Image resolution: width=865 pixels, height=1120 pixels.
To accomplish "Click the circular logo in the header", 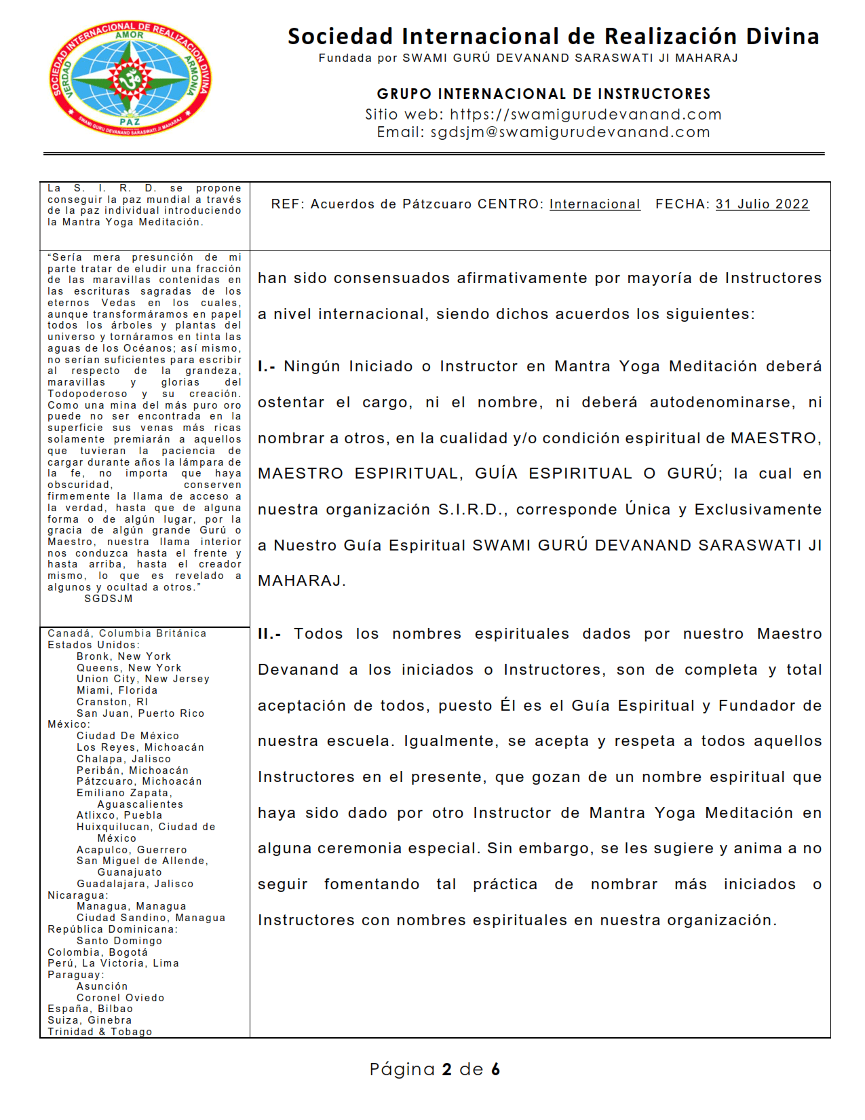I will tap(130, 78).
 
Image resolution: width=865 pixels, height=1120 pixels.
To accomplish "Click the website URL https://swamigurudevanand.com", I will tap(585, 114).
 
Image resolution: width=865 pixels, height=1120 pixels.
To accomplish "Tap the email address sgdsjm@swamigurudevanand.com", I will tap(570, 132).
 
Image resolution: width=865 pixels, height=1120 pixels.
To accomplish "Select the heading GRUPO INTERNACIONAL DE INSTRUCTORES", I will tap(543, 94).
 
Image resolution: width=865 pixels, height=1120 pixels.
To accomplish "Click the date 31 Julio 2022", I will tap(762, 204).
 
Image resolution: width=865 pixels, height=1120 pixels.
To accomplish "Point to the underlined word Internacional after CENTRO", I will tap(594, 204).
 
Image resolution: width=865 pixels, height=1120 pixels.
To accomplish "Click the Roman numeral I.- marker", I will tap(267, 367).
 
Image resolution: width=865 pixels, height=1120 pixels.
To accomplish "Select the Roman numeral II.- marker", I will tap(269, 634).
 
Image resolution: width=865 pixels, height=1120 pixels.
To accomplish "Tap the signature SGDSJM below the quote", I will tap(109, 599).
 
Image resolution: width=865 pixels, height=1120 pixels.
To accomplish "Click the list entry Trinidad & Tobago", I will tap(100, 1032).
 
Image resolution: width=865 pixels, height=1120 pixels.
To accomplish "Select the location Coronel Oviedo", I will tap(120, 998).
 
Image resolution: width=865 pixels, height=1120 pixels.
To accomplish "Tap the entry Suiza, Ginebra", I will tap(90, 1020).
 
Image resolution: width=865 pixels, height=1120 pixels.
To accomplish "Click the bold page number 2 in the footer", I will tap(446, 1070).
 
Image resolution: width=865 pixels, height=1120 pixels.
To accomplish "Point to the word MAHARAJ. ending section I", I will tap(301, 581).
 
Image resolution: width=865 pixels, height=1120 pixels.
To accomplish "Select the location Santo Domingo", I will tap(119, 941).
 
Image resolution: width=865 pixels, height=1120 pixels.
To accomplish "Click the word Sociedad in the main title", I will tap(340, 36).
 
